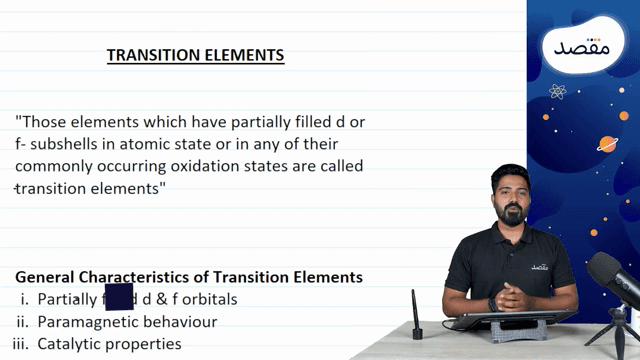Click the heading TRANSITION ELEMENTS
196,55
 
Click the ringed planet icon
607,142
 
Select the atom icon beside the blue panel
557,92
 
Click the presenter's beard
511,217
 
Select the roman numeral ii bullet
21,322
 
